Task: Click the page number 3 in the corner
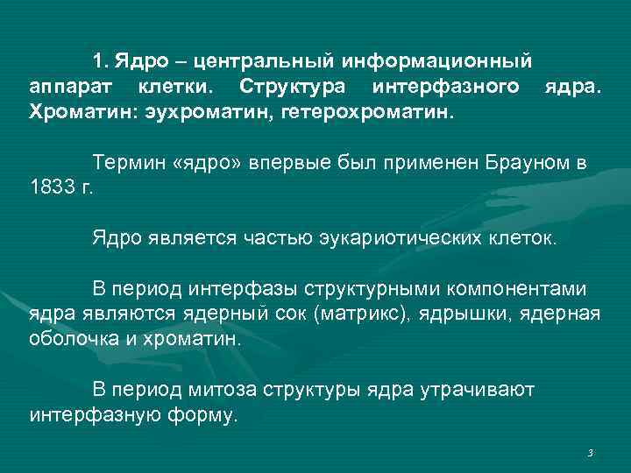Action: coord(591,453)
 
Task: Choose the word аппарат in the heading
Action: coord(69,88)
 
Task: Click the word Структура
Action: coord(293,88)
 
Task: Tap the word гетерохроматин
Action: coord(369,113)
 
